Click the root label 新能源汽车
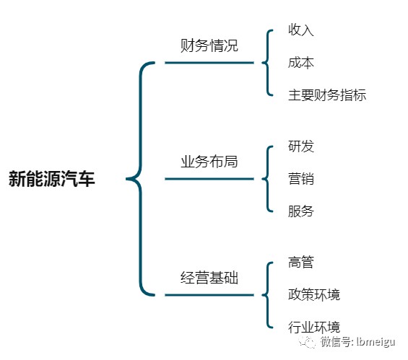tap(51, 179)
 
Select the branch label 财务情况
tap(209, 45)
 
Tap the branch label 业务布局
tap(209, 162)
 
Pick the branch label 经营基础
tap(209, 278)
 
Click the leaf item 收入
tap(301, 30)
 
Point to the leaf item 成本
tap(301, 63)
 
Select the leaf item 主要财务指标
tap(327, 95)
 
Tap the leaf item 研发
tap(301, 146)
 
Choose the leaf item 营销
tap(301, 179)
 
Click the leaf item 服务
tap(301, 211)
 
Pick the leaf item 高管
tap(301, 262)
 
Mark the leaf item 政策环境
tap(314, 295)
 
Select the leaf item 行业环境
tap(314, 328)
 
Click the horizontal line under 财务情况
tap(209, 63)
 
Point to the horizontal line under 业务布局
tap(209, 179)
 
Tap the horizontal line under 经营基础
tap(209, 295)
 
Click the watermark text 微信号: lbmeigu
tap(357, 341)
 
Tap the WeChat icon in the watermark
tap(308, 341)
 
